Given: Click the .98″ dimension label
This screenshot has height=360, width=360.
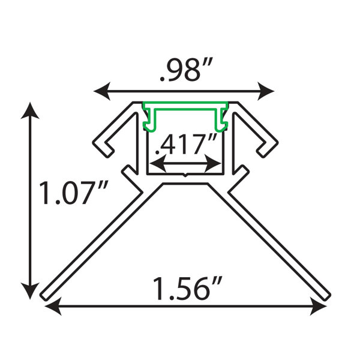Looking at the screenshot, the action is point(187,70).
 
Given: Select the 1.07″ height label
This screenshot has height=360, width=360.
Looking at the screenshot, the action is point(73,193).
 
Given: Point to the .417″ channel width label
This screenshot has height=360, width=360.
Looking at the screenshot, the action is point(186,144).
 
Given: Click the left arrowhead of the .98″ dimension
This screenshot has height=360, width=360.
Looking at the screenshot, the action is point(103,91).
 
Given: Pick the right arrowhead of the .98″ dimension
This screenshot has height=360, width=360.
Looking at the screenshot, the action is point(266,91).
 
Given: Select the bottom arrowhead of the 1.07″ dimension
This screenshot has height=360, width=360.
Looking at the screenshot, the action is point(30,290).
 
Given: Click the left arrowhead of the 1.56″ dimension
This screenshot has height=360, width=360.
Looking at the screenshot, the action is point(53,306).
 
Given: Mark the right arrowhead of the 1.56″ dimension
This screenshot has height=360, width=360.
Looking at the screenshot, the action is point(318,306).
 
